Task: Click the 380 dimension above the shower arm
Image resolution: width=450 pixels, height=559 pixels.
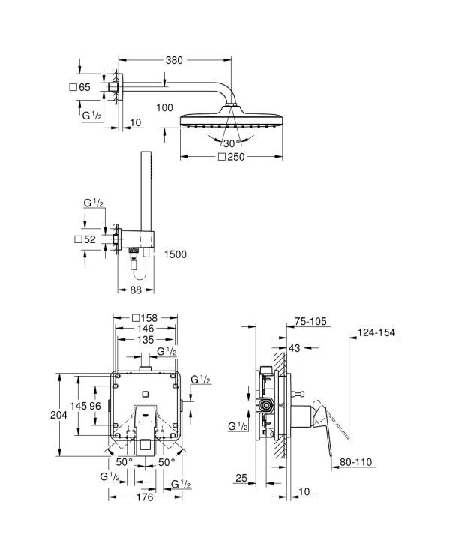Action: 174,60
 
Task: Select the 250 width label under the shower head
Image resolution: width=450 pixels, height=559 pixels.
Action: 235,157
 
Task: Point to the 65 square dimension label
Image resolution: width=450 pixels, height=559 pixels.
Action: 85,87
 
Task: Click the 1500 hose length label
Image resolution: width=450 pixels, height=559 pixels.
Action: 175,254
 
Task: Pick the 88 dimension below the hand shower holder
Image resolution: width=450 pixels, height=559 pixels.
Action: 136,290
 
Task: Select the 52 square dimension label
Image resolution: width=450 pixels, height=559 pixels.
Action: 89,239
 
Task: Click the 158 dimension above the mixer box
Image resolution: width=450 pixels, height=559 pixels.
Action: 149,317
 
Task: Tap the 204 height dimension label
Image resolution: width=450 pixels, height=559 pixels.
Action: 58,415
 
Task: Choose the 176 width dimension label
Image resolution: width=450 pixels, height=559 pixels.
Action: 145,497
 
